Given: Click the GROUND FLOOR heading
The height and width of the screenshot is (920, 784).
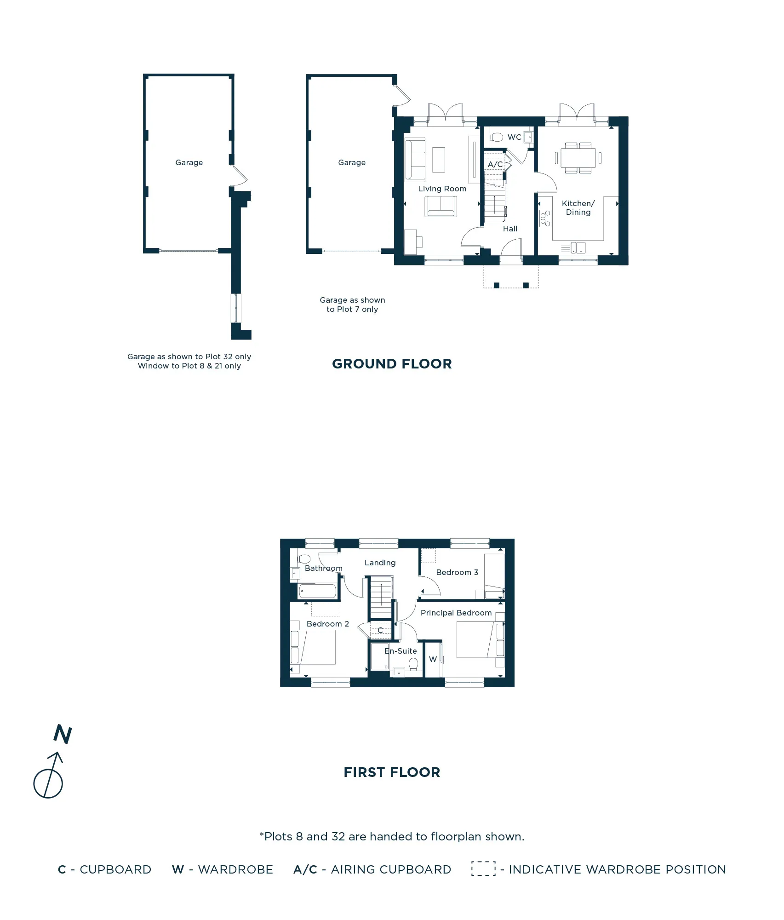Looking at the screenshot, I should click(x=392, y=364).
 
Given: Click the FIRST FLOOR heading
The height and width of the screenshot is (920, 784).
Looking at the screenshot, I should click(x=392, y=772).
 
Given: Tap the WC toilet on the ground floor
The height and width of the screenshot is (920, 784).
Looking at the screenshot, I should click(x=497, y=137).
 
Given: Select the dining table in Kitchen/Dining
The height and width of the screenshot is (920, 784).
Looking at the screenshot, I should click(x=578, y=158).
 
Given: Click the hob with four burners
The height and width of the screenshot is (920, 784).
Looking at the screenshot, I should click(x=545, y=218).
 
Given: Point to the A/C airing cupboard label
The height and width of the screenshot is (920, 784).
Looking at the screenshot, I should click(x=495, y=164).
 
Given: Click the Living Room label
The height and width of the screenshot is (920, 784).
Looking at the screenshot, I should click(x=442, y=189).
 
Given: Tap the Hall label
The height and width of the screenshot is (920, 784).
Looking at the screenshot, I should click(x=510, y=229).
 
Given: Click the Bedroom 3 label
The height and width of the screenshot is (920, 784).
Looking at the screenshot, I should click(x=457, y=572).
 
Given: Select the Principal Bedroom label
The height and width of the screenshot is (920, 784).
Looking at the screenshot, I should click(x=456, y=613).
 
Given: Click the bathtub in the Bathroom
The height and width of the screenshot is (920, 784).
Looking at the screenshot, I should click(x=317, y=591).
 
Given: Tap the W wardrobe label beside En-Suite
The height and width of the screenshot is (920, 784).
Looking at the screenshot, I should click(x=433, y=659).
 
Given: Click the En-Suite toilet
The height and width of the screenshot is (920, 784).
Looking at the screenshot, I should click(x=413, y=665).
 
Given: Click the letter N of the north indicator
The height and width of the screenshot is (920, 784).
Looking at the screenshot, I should click(x=63, y=734).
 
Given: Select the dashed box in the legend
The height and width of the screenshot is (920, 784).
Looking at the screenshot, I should click(x=483, y=868).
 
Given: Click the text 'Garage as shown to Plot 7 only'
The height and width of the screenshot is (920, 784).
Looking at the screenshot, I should click(x=352, y=305).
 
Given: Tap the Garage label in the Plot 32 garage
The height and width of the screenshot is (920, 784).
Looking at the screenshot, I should click(x=189, y=162).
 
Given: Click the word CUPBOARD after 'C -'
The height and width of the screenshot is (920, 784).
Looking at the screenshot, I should click(x=115, y=869).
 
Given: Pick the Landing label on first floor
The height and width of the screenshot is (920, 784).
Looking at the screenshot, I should click(x=380, y=563).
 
